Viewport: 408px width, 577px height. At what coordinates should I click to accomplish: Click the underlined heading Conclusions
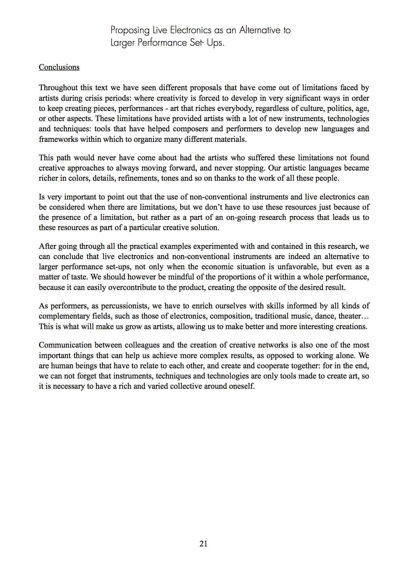pyautogui.click(x=59, y=67)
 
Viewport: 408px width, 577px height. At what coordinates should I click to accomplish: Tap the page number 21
pyautogui.click(x=203, y=544)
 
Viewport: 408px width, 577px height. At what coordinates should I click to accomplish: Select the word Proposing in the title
pyautogui.click(x=130, y=30)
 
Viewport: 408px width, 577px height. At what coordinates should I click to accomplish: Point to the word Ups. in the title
pyautogui.click(x=216, y=43)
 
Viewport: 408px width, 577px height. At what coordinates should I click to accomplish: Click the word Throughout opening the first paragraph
pyautogui.click(x=58, y=88)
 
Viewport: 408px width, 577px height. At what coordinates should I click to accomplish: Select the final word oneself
pyautogui.click(x=243, y=386)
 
